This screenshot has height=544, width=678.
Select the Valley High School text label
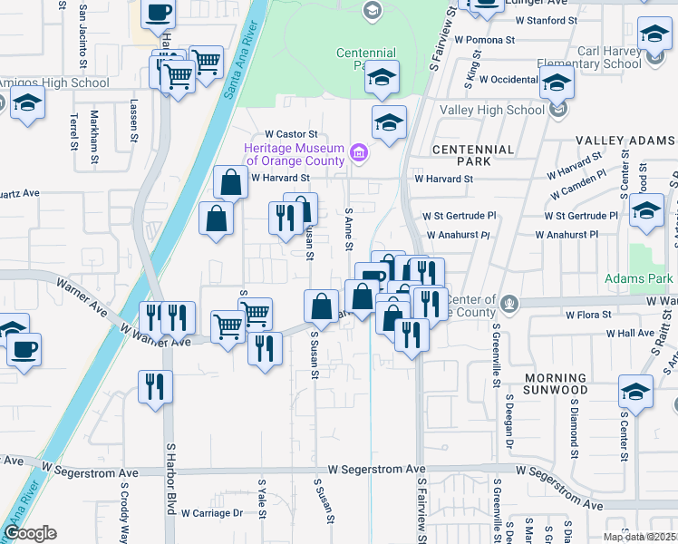click(492, 111)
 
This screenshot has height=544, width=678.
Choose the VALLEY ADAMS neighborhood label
click(626, 141)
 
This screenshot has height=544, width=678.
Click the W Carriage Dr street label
click(212, 513)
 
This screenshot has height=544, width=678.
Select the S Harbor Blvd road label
click(169, 490)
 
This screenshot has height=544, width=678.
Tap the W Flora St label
click(590, 316)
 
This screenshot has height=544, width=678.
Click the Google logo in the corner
click(30, 533)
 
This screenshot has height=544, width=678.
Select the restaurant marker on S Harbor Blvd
click(156, 385)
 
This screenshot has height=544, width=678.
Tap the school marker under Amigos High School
click(28, 104)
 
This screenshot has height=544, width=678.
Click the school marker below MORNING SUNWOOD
click(636, 393)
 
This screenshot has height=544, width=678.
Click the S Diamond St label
click(574, 427)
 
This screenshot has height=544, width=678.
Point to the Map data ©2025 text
click(639, 537)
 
